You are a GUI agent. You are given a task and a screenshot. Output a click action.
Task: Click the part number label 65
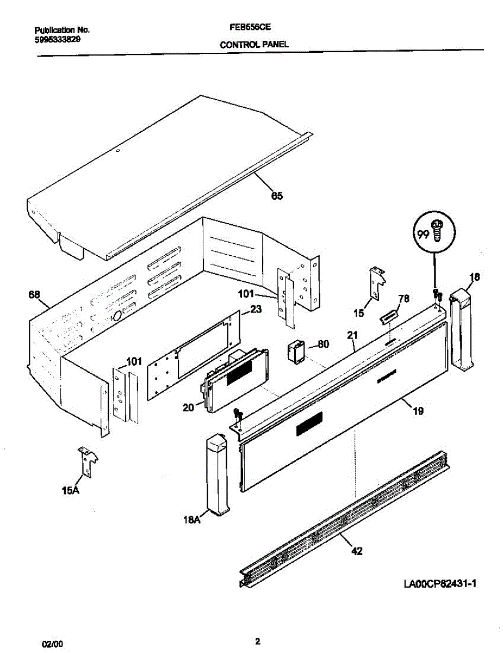pos(277,196)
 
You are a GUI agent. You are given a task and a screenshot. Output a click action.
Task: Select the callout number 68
pos(34,295)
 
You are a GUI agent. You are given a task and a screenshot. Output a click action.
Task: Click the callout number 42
pos(357,551)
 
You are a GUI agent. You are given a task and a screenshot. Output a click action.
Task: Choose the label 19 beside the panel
pos(418,412)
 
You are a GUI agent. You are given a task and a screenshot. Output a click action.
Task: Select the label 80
pos(323,344)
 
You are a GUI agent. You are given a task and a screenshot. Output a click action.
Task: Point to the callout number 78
pos(403,298)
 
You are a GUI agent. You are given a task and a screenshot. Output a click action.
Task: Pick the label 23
pos(255,310)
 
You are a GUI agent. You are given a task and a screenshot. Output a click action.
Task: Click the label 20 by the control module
pos(189,406)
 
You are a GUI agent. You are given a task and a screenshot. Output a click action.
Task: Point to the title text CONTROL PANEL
pos(254,46)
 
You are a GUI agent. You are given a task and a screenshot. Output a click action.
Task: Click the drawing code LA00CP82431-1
pos(440,584)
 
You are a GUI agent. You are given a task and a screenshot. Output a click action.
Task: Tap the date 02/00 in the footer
pos(53,644)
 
